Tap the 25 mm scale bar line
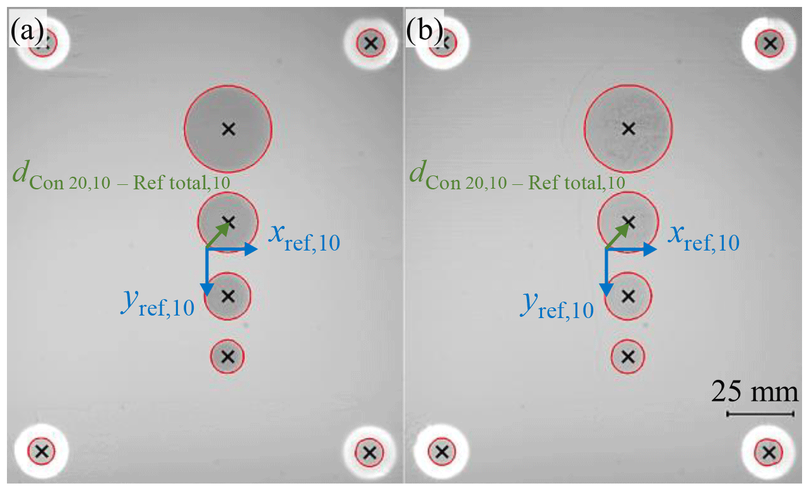pyautogui.click(x=760, y=414)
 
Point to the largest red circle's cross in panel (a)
pyautogui.click(x=228, y=129)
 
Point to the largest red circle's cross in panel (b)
pyautogui.click(x=628, y=129)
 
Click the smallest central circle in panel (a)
pyautogui.click(x=228, y=357)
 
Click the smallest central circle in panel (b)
pyautogui.click(x=628, y=357)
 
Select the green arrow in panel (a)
pyautogui.click(x=218, y=235)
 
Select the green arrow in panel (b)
pyautogui.click(x=617, y=235)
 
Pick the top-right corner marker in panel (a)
pyautogui.click(x=370, y=44)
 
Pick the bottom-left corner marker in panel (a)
pyautogui.click(x=42, y=451)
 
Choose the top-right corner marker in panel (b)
pyautogui.click(x=769, y=44)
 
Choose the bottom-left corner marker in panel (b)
pyautogui.click(x=442, y=451)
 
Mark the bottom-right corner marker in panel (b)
pyautogui.click(x=769, y=451)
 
